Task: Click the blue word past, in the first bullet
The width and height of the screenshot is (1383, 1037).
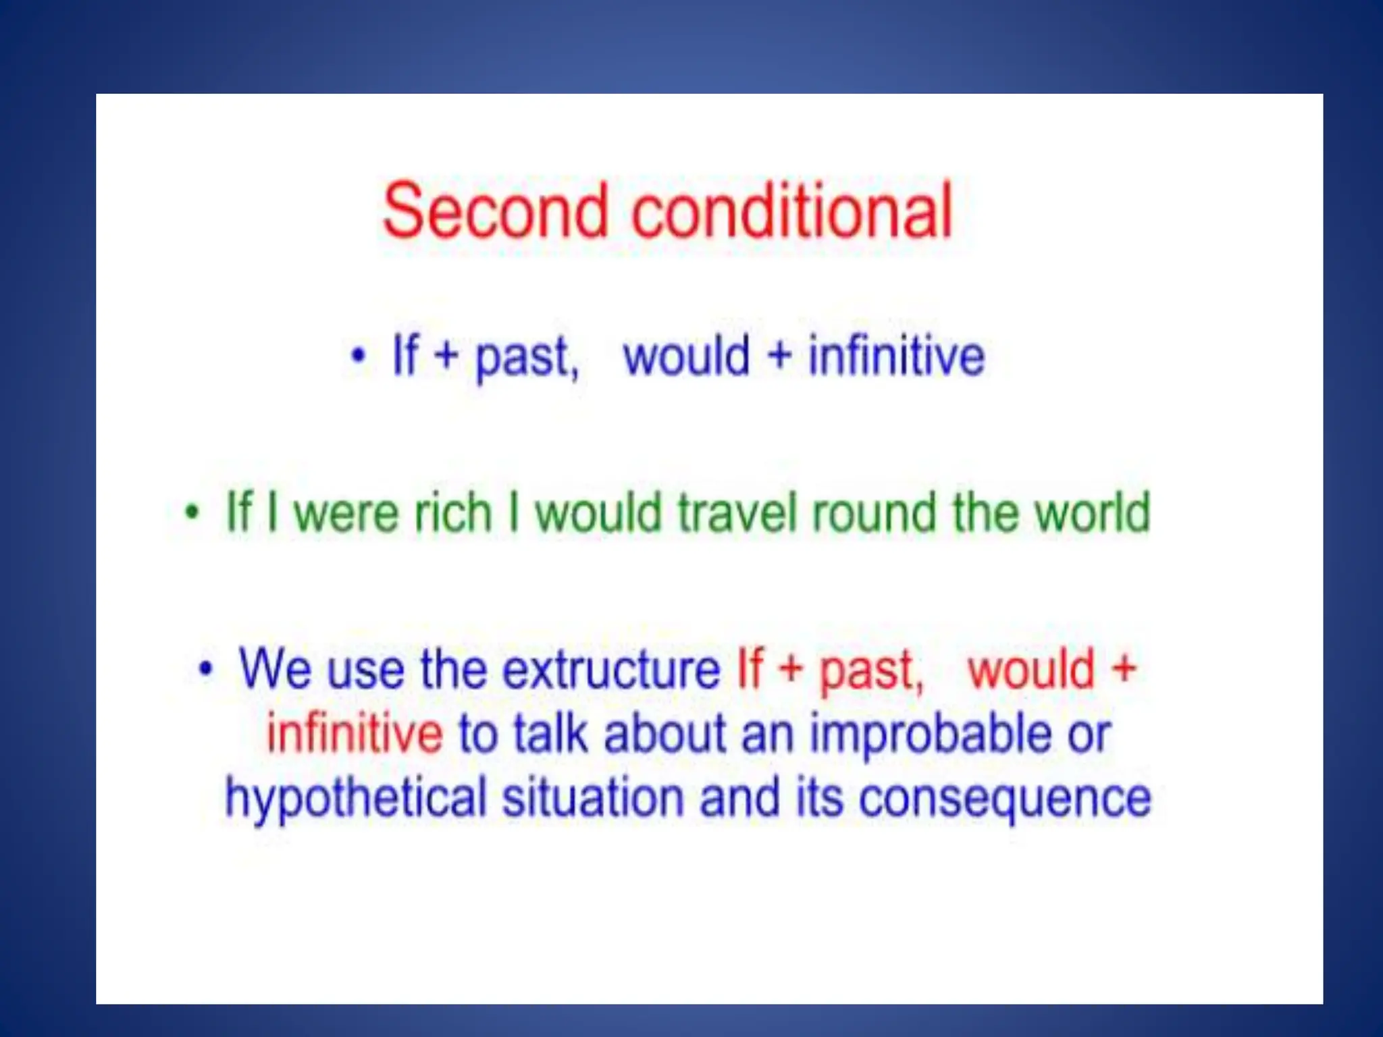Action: (527, 358)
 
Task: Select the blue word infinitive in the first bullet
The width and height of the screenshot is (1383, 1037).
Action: (896, 356)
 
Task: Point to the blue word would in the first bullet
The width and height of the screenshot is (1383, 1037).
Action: (686, 356)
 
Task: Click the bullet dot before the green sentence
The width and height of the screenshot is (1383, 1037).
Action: (193, 512)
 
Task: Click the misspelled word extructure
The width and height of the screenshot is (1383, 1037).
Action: (612, 669)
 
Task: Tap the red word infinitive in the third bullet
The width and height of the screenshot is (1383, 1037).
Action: (355, 733)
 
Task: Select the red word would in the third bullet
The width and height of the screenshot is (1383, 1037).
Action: (1030, 669)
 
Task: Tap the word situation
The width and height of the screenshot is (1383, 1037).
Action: (592, 797)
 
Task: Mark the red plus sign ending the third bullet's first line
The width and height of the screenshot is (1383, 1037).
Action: (1124, 669)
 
